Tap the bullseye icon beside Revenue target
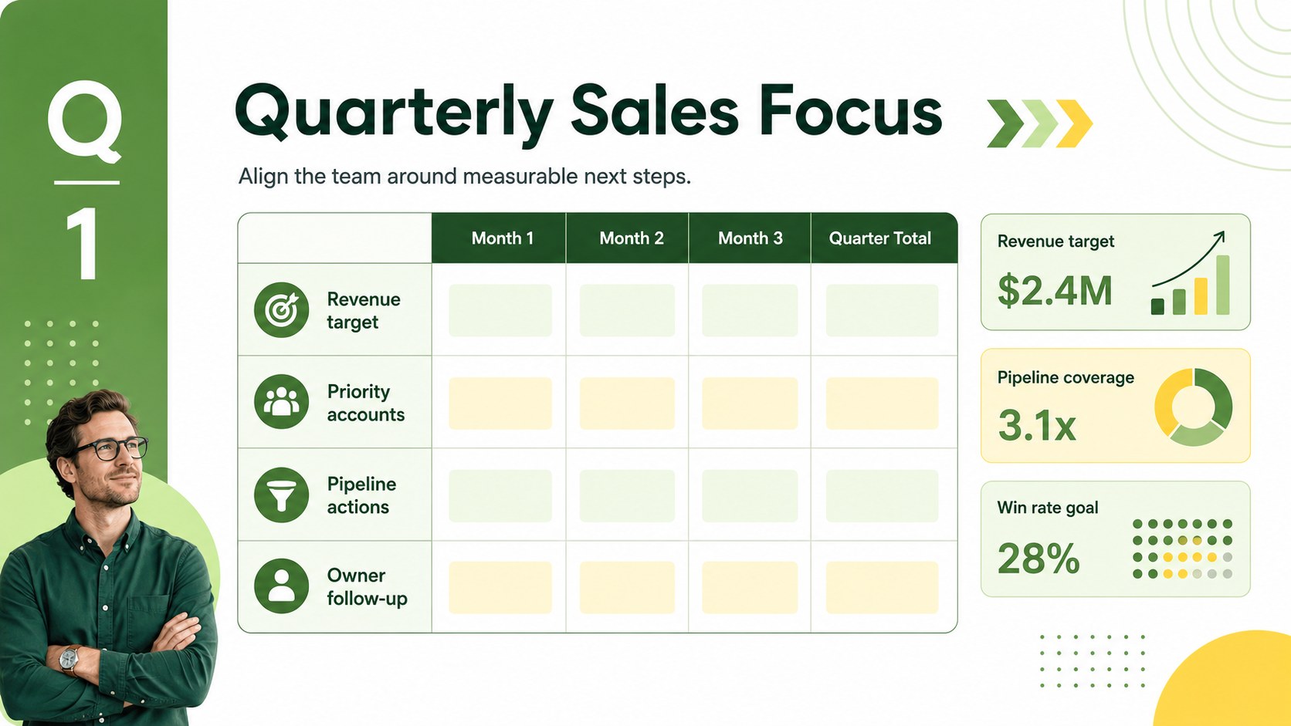tap(281, 309)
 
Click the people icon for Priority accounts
tap(281, 402)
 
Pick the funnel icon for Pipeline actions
tap(281, 495)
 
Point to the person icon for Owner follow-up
tap(281, 586)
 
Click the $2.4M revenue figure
tap(1055, 291)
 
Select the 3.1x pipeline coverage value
tap(1037, 425)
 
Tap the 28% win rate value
tap(1038, 559)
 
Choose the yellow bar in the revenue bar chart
tap(1201, 296)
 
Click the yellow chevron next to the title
tap(1074, 123)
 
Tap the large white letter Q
tap(85, 121)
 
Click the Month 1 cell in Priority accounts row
tap(500, 403)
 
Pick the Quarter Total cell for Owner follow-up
tap(882, 587)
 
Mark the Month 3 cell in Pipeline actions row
tap(750, 496)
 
